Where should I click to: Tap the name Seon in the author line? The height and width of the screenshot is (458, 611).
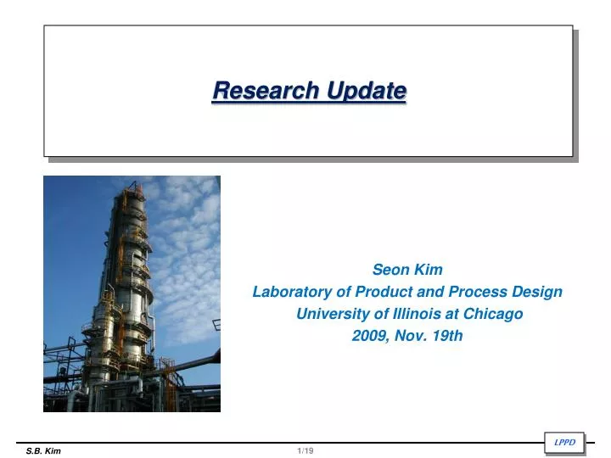click(x=389, y=271)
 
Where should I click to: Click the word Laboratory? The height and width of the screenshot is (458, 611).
click(x=290, y=292)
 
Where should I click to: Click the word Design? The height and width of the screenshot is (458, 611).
click(x=537, y=292)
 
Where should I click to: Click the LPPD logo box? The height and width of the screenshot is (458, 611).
click(x=563, y=442)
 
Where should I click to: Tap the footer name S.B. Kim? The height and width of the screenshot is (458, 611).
click(x=43, y=451)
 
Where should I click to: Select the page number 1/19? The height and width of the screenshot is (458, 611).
click(x=305, y=451)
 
